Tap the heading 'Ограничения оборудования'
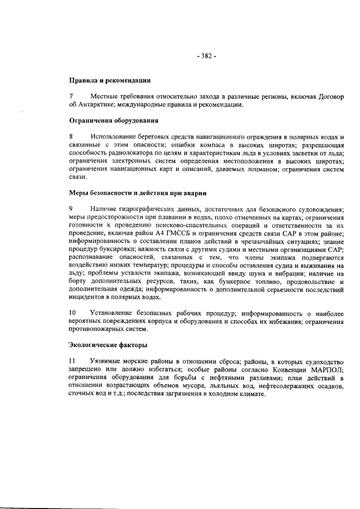click(x=112, y=120)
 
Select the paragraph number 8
click(x=71, y=136)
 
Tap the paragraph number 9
click(x=71, y=209)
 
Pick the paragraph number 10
click(x=73, y=312)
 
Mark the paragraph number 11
click(x=73, y=359)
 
